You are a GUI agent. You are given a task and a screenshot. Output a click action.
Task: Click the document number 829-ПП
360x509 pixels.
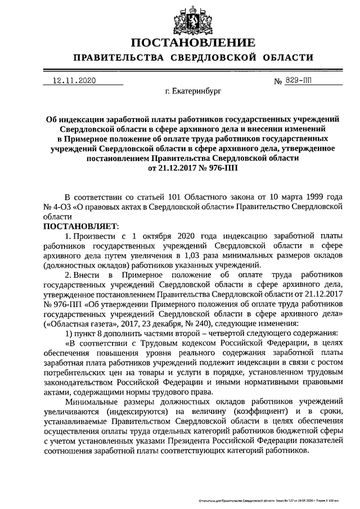(x=301, y=81)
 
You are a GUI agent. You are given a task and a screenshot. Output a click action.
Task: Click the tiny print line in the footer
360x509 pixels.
(x=265, y=499)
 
